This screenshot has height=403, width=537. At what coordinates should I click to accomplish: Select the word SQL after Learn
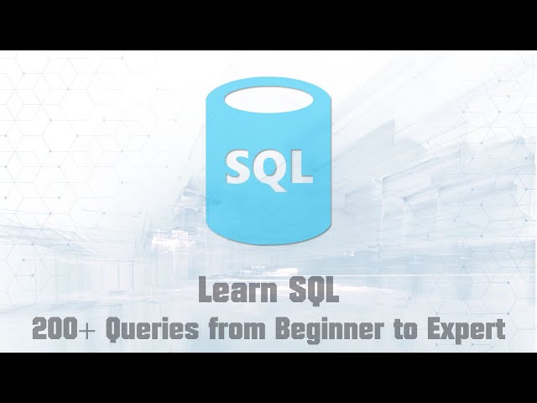point(310,292)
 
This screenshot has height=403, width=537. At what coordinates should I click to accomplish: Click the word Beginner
point(329,329)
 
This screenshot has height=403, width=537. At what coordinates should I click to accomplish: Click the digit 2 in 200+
point(39,329)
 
